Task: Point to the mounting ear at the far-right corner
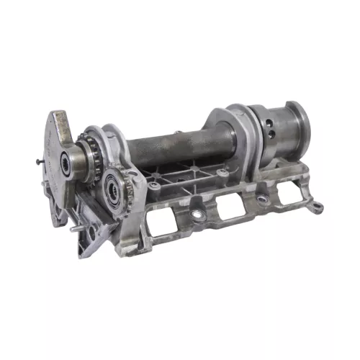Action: (315, 208)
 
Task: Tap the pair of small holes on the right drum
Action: (269, 132)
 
